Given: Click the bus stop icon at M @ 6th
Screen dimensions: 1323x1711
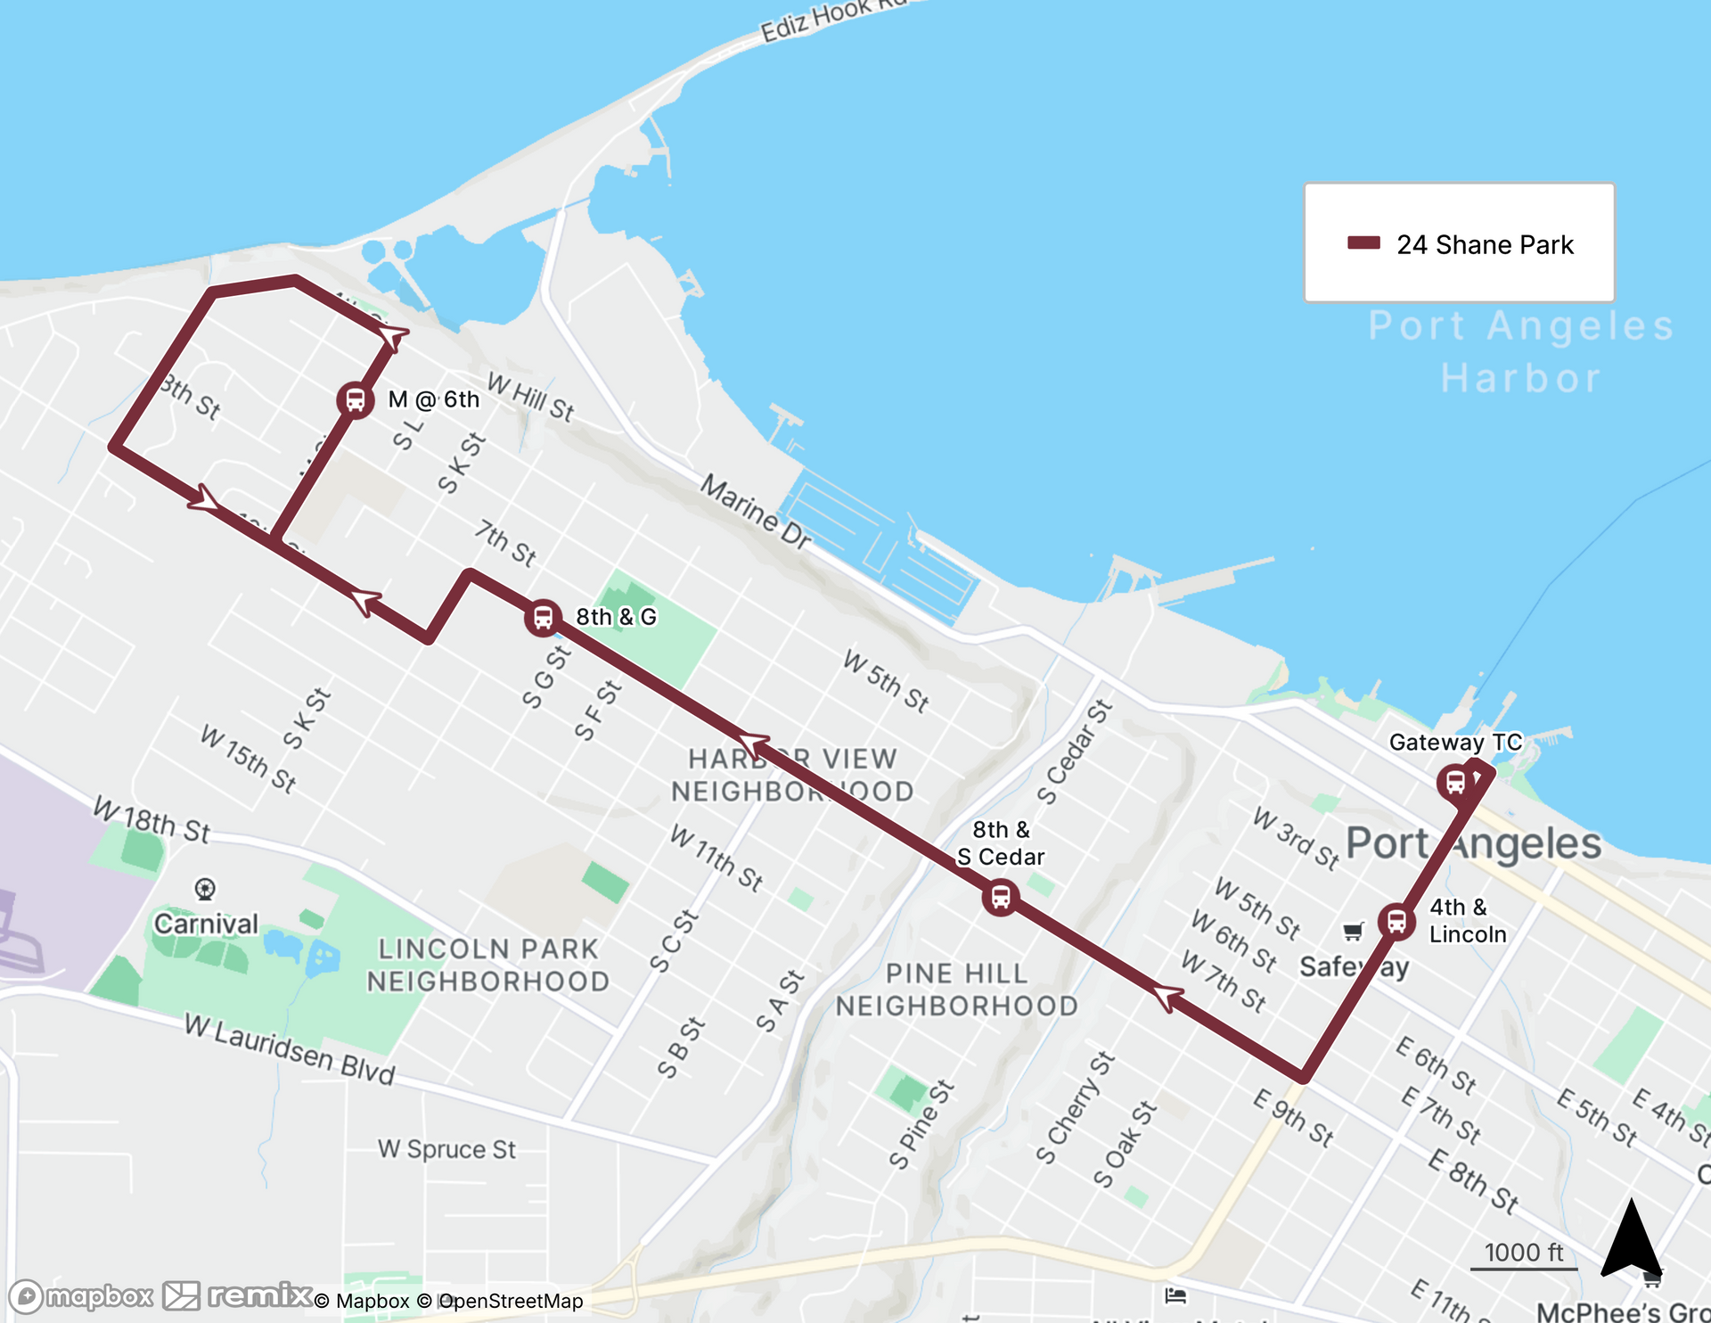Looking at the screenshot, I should [355, 399].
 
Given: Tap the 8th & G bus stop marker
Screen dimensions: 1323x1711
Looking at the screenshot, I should [543, 617].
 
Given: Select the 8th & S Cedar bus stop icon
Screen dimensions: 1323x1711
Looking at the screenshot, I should [1000, 897].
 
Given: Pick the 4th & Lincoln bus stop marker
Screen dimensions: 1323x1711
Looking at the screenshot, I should [1396, 921].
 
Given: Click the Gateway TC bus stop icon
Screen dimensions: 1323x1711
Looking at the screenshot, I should [1455, 783].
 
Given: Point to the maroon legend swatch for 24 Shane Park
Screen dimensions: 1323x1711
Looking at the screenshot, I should [1363, 243].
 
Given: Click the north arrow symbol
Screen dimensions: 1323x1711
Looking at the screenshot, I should [1630, 1240].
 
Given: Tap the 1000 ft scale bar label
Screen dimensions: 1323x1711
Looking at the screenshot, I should [1524, 1253].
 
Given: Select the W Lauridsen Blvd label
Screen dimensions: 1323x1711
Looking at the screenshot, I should [290, 1048].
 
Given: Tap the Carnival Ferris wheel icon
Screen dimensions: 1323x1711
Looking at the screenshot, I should [205, 889].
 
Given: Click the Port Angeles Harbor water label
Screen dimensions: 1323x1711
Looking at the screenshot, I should [1521, 351].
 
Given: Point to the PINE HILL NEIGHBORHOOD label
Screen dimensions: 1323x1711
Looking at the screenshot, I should [956, 990].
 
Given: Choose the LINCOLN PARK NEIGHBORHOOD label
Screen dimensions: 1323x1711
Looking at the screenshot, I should [487, 965].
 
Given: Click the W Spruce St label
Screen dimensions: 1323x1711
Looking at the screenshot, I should [446, 1149].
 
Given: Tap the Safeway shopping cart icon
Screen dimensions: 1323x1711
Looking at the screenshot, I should [1353, 932].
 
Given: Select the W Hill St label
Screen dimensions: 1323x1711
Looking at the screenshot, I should [530, 398].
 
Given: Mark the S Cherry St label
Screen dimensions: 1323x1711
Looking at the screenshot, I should [1075, 1107].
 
